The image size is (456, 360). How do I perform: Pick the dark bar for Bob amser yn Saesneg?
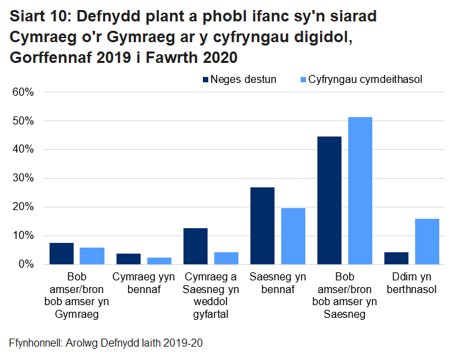[x=329, y=201]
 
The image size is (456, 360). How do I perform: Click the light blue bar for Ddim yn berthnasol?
[x=427, y=242]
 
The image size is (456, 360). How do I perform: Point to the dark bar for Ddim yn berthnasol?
[x=396, y=258]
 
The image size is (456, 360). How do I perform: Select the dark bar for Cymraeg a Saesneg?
[x=196, y=246]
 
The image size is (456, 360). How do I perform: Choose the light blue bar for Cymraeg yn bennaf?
[x=159, y=261]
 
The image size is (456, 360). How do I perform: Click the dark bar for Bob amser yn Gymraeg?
[x=62, y=254]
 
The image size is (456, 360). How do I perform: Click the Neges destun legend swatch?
[x=205, y=80]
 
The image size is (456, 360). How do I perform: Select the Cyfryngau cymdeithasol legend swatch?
[x=303, y=80]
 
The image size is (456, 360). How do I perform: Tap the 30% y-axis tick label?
[x=23, y=179]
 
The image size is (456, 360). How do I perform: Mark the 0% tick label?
[x=26, y=265]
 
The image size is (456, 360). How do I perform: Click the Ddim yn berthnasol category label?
[x=411, y=283]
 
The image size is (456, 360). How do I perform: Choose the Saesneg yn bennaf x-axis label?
[x=277, y=283]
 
